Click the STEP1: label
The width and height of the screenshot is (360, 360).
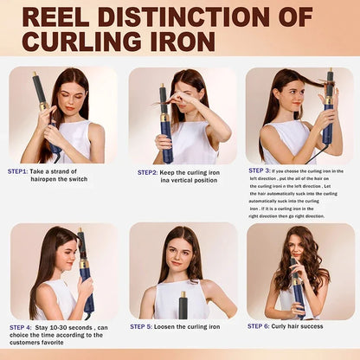[18, 171]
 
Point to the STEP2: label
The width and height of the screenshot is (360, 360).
[147, 172]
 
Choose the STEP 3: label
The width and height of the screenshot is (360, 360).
[260, 170]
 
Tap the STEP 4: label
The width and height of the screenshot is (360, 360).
[22, 328]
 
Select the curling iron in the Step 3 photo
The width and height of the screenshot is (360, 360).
[328, 104]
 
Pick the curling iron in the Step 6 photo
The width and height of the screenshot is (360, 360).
[298, 290]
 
